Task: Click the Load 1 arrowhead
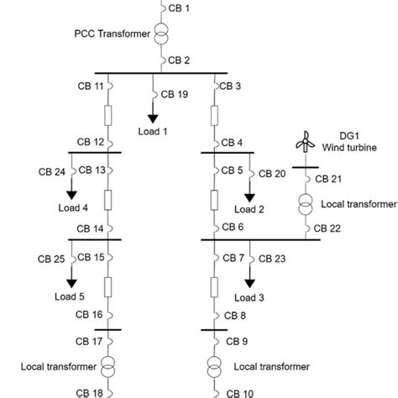(x=153, y=118)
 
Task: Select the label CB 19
(x=175, y=94)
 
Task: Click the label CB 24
(x=50, y=171)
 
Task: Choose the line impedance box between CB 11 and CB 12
(x=107, y=115)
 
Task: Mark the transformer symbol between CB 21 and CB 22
(x=303, y=204)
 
